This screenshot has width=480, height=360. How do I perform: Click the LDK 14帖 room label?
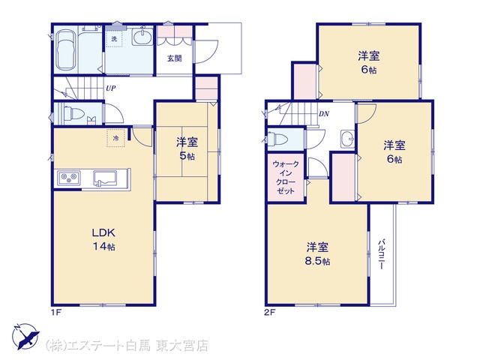click(x=103, y=239)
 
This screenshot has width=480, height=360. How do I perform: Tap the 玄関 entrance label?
click(x=175, y=58)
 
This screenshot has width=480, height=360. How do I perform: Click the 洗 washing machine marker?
click(x=114, y=39)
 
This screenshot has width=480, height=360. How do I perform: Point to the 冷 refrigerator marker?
click(x=115, y=138)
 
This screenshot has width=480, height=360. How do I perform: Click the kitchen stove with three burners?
click(x=69, y=178)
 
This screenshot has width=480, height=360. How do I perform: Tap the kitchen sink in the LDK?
click(x=105, y=178)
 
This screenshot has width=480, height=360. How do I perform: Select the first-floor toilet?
click(x=72, y=113)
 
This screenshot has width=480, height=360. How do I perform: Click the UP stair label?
click(x=111, y=88)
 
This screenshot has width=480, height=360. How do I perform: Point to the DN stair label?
click(x=324, y=114)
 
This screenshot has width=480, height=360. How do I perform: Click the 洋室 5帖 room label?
click(x=187, y=149)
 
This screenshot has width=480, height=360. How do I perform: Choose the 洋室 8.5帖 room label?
click(x=317, y=254)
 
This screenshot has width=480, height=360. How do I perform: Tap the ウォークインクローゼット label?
click(x=286, y=178)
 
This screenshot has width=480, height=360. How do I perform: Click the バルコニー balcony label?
click(x=382, y=253)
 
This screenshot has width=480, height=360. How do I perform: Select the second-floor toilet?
click(x=278, y=139)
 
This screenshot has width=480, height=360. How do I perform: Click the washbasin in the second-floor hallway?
click(x=347, y=139)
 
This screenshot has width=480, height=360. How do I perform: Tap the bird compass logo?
click(x=25, y=336)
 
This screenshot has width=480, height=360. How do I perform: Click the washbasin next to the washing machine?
click(x=142, y=37)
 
